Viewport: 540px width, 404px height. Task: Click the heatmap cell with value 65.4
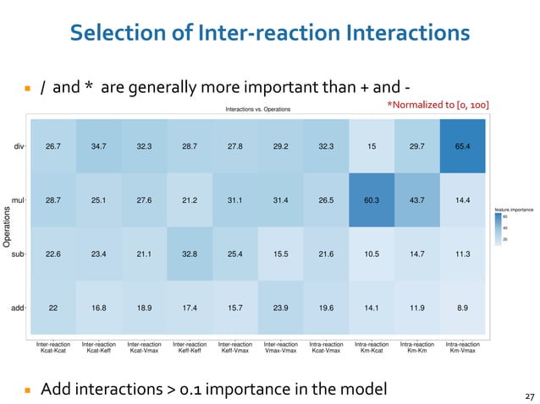[463, 146]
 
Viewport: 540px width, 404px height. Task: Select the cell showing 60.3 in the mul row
[372, 200]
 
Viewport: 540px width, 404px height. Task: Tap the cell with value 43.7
[417, 200]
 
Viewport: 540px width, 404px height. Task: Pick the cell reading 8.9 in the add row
[463, 308]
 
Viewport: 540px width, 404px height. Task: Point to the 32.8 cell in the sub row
[190, 254]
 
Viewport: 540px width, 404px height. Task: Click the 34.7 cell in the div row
[98, 146]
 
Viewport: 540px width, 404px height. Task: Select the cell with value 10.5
[372, 254]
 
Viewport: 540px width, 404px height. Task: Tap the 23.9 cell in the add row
[280, 308]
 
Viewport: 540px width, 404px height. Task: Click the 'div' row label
[19, 146]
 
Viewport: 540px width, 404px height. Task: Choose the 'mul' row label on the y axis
[18, 200]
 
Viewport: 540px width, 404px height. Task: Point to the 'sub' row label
[18, 254]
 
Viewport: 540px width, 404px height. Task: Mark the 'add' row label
[18, 308]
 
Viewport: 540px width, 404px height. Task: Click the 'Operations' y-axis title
[6, 227]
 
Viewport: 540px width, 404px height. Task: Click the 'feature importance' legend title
[514, 207]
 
